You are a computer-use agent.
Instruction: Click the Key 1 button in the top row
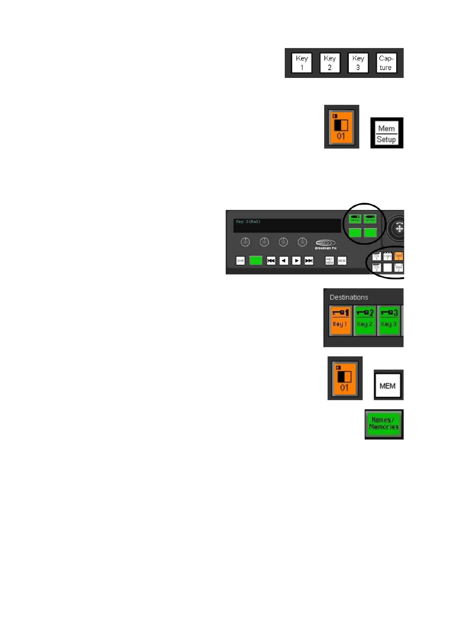(301, 63)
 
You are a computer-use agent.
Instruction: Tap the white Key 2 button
(329, 63)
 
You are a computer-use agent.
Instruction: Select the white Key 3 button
(358, 63)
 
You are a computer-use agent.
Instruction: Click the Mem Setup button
(386, 133)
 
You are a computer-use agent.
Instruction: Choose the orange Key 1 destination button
(340, 321)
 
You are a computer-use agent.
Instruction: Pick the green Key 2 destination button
(365, 321)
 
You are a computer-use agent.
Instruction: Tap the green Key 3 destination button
(389, 321)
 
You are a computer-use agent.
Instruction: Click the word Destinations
(349, 297)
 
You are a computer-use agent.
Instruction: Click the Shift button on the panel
(240, 261)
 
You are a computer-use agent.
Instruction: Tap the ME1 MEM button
(329, 261)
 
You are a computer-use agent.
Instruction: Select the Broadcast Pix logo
(326, 244)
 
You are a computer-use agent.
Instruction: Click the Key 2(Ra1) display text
(248, 222)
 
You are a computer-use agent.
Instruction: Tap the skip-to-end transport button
(309, 261)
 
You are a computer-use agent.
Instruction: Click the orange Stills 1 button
(398, 256)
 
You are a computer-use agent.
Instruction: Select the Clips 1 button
(387, 256)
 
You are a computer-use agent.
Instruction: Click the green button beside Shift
(256, 260)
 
